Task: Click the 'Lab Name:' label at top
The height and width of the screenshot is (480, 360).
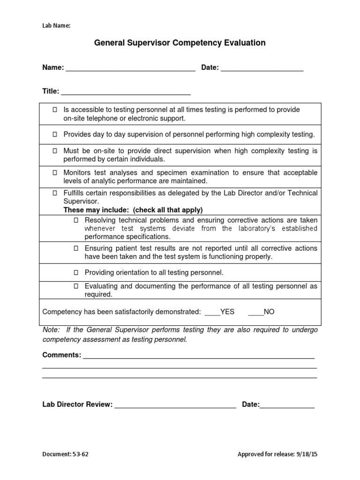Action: (56, 26)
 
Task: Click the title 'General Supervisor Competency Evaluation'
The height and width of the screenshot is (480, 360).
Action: (180, 43)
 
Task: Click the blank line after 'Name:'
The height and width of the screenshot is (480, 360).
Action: (130, 69)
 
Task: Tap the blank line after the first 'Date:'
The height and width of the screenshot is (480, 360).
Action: (262, 69)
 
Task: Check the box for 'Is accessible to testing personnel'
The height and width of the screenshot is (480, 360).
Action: (55, 109)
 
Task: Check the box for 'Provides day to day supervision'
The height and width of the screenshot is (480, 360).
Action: (55, 135)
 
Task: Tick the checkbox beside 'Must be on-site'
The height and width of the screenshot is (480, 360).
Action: (55, 151)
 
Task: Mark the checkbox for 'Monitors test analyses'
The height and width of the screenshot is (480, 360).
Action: (55, 172)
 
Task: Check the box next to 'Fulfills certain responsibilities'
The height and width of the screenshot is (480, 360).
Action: (55, 193)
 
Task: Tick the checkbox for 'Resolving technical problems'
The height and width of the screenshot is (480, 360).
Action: (76, 220)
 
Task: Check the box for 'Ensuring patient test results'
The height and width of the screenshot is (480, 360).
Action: (76, 248)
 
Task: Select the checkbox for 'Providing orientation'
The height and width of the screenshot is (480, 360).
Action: (76, 272)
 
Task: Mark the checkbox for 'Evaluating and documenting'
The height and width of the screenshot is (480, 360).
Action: (76, 286)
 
